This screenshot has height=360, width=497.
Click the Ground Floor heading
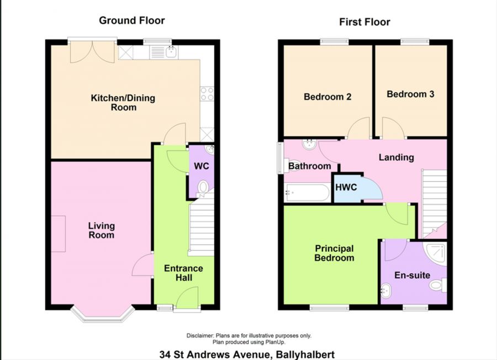131,20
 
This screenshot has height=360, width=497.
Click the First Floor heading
364,22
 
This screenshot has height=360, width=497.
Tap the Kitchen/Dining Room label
123,103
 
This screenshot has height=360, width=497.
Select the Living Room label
102,230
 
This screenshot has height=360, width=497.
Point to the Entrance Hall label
183,273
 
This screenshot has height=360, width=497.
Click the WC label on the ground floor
201,166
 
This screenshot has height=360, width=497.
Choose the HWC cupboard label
346,187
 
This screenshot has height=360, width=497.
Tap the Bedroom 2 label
327,97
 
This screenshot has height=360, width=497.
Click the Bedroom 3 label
410,94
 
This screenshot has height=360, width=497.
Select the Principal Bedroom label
334,253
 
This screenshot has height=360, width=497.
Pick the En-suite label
412,275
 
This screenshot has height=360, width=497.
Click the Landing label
396,157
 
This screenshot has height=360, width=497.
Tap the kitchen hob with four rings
207,94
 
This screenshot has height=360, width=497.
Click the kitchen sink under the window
170,52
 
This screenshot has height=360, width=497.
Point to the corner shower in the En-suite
436,251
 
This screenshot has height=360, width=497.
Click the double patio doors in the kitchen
93,51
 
